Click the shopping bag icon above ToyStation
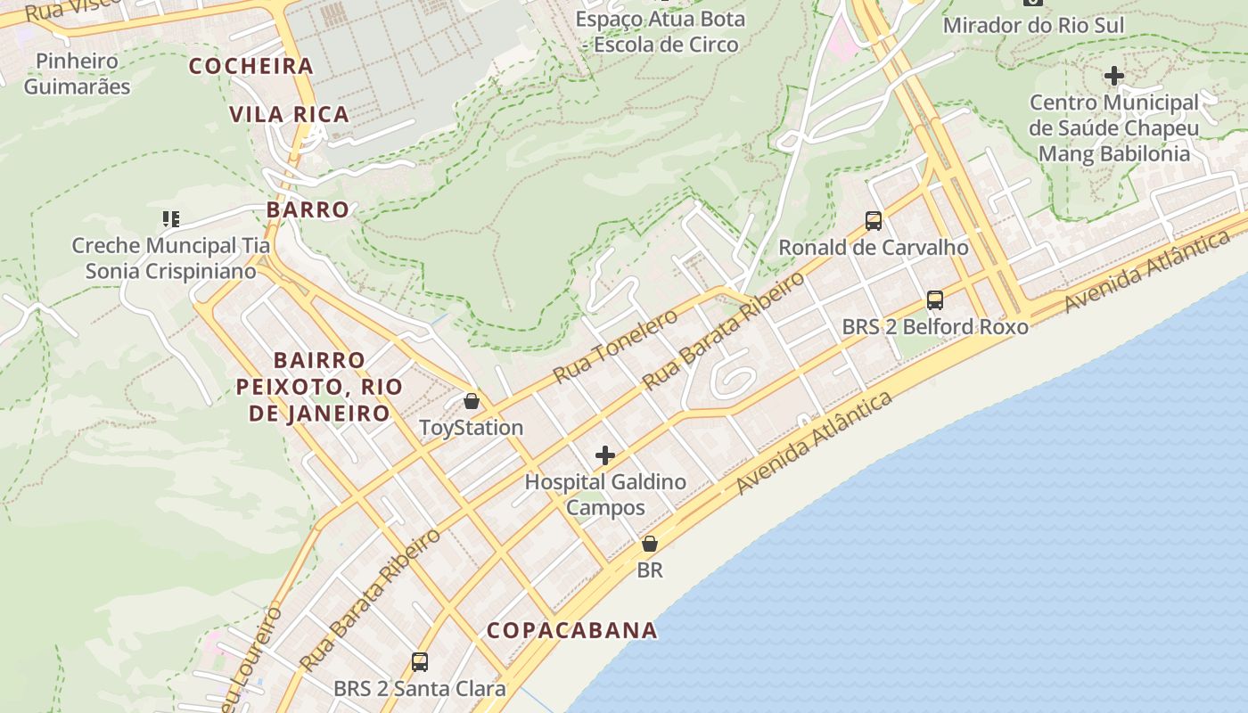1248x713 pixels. click(472, 401)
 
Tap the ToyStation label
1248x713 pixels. click(472, 428)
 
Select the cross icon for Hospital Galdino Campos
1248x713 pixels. click(605, 456)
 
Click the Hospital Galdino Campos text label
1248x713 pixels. click(605, 495)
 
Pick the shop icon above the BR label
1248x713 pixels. click(650, 543)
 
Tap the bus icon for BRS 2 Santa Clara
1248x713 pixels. click(420, 662)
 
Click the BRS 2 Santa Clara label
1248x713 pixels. click(420, 689)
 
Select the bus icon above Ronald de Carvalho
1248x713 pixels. click(874, 221)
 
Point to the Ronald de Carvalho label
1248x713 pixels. click(874, 248)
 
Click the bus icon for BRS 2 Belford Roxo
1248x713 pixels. click(935, 300)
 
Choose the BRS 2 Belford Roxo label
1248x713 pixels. click(935, 327)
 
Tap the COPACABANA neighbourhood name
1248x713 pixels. click(571, 630)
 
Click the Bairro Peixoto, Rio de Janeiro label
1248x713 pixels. click(319, 387)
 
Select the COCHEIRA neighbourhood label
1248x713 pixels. click(251, 66)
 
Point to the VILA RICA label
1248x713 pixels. click(290, 114)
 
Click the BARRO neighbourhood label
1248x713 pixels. click(308, 210)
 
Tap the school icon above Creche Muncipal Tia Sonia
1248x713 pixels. click(170, 218)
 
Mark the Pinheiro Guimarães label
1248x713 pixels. click(77, 74)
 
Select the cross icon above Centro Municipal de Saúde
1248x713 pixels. click(1114, 76)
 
